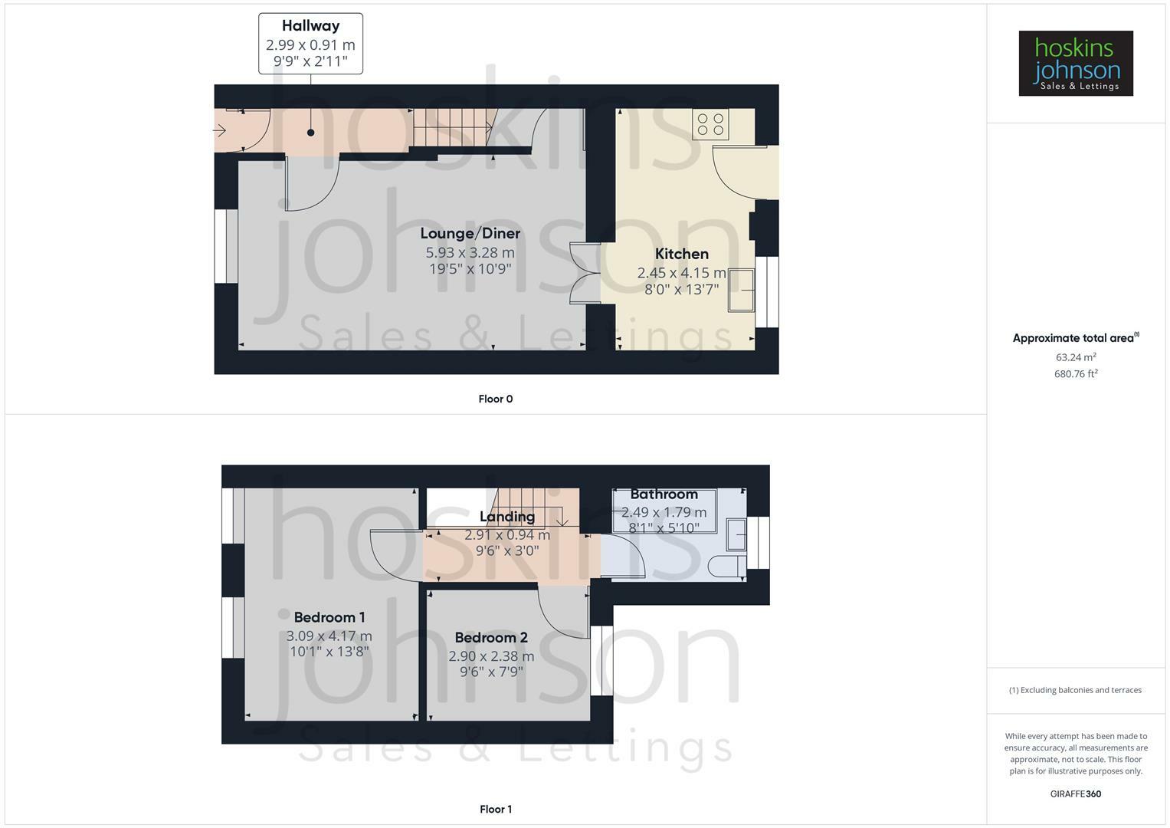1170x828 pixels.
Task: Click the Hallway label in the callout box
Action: click(x=311, y=25)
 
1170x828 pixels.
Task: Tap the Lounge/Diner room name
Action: click(x=470, y=233)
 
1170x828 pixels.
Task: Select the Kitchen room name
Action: click(x=682, y=254)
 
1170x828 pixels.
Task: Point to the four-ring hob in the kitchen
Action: click(x=710, y=124)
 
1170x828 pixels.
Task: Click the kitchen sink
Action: click(x=742, y=290)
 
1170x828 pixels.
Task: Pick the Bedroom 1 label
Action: click(x=329, y=617)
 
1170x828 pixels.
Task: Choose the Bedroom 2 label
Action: click(x=491, y=638)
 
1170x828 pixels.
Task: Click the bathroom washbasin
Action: click(x=736, y=535)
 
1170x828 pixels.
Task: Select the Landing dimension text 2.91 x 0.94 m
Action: click(x=507, y=535)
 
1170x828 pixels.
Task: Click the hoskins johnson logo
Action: click(x=1076, y=63)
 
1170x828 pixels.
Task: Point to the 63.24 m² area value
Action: click(x=1076, y=357)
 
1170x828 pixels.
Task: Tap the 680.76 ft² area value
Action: click(x=1076, y=373)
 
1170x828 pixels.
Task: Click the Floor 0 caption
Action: click(x=496, y=399)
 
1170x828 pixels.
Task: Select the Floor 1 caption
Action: click(x=496, y=809)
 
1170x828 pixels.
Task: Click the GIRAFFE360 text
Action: click(x=1076, y=794)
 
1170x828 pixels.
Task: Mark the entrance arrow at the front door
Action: click(x=220, y=130)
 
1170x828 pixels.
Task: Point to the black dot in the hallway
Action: click(x=311, y=133)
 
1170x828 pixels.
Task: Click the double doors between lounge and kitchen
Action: click(x=585, y=273)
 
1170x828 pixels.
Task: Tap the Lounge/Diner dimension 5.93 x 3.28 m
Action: click(x=470, y=252)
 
